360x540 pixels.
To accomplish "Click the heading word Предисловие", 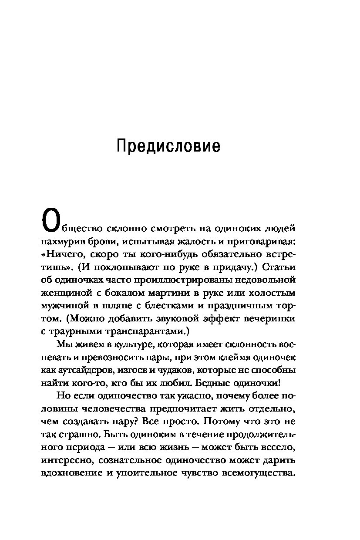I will point(168,146).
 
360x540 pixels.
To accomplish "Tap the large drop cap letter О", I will point(49,221).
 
